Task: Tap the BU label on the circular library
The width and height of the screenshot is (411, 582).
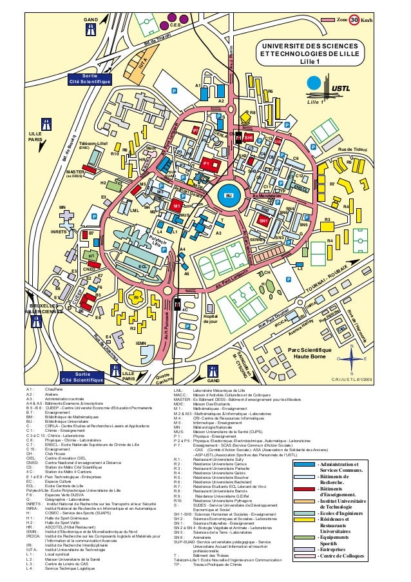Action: click(227, 195)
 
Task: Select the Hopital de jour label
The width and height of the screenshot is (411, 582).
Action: click(210, 318)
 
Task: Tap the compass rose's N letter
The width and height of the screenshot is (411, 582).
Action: click(352, 345)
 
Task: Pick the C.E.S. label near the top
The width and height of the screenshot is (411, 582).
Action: click(178, 24)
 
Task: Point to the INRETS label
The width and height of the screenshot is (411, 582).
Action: click(61, 231)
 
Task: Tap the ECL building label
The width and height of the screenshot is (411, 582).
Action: click(142, 266)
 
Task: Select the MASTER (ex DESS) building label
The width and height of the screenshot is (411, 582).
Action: click(76, 173)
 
